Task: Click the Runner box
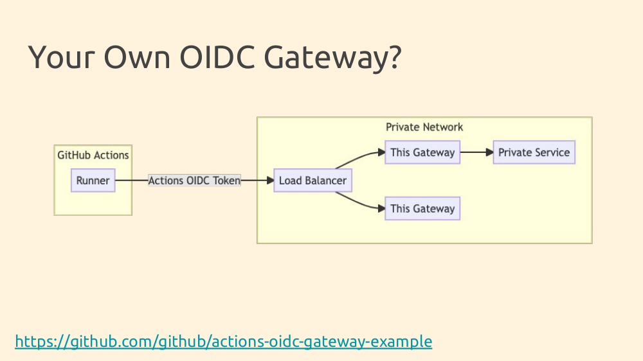(x=93, y=180)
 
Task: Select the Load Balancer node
(x=313, y=180)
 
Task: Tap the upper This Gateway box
(x=422, y=152)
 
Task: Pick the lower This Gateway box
(x=422, y=209)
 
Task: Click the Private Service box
(x=534, y=152)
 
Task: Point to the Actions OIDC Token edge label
(x=194, y=180)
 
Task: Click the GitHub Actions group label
(x=93, y=155)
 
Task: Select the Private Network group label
(x=424, y=127)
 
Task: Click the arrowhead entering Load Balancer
(x=270, y=180)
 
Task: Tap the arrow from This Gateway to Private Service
(x=476, y=152)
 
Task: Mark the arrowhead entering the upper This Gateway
(x=381, y=152)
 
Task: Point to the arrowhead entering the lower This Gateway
(x=381, y=209)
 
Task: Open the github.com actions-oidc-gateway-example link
(x=224, y=341)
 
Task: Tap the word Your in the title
(x=62, y=57)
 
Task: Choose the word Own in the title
(x=137, y=57)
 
